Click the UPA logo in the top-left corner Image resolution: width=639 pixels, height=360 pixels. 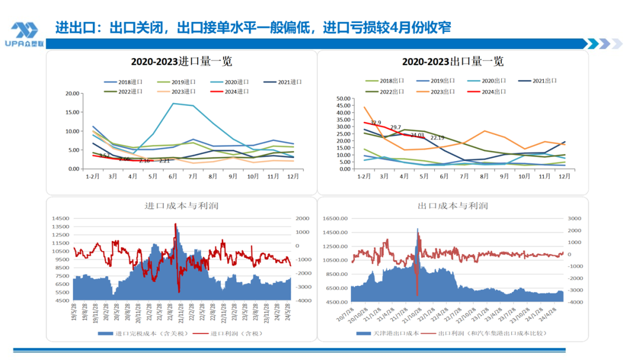tap(24, 34)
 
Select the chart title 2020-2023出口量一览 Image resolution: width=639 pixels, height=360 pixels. tap(453, 62)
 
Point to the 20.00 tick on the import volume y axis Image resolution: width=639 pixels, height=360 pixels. tap(72, 94)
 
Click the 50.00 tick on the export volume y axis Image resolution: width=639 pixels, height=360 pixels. tap(343, 98)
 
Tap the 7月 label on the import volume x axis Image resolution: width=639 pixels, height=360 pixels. tap(193, 176)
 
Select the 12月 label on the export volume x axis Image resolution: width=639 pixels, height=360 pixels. tap(564, 176)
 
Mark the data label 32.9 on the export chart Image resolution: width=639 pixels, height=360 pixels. tap(375, 123)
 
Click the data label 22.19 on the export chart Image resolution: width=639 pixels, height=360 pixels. tap(437, 137)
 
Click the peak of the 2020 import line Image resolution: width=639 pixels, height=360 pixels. tap(173, 103)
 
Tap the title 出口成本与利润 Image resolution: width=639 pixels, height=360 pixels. tap(453, 206)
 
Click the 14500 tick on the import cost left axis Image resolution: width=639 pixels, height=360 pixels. tap(60, 218)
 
